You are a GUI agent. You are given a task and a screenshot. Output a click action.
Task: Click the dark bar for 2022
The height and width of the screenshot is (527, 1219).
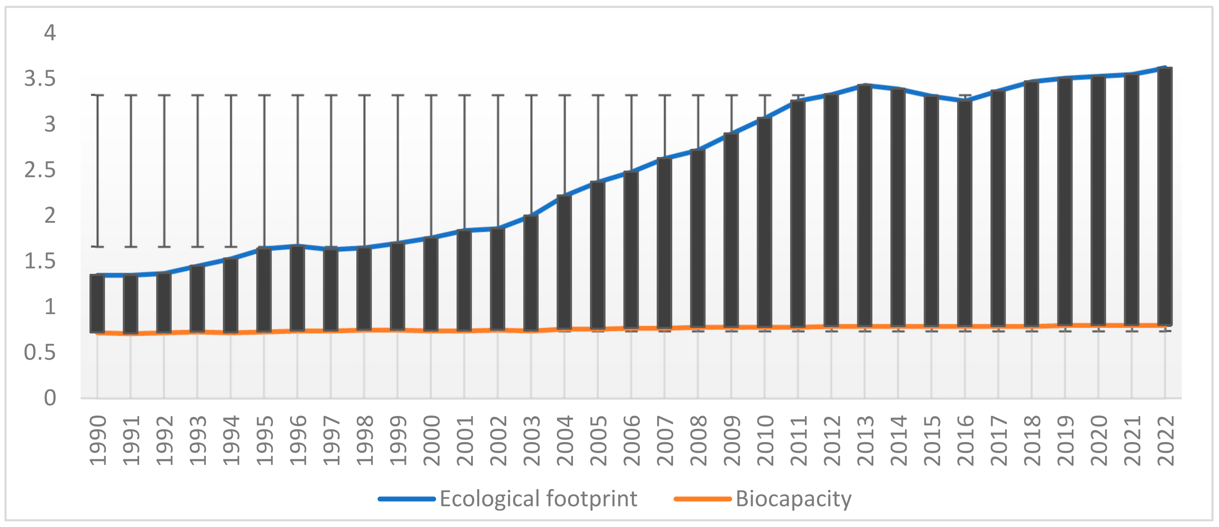click(x=1165, y=196)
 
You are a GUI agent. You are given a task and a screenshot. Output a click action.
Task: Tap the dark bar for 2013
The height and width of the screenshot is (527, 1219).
click(x=865, y=206)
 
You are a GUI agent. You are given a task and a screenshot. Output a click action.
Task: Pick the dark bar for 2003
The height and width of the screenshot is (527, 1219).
click(x=531, y=273)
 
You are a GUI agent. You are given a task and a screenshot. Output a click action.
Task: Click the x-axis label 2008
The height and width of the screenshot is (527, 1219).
click(x=698, y=441)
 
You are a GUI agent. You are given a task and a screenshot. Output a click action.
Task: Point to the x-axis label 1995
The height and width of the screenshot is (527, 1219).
click(x=265, y=441)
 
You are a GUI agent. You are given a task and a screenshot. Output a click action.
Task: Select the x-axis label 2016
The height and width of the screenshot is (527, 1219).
click(x=965, y=441)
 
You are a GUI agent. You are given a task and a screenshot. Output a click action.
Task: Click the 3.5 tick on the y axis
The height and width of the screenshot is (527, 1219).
click(x=40, y=78)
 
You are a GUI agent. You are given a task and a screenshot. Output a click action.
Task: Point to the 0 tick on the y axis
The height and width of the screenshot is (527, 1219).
click(x=50, y=398)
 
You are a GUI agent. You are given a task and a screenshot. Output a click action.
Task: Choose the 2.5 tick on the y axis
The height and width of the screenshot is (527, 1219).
click(x=40, y=170)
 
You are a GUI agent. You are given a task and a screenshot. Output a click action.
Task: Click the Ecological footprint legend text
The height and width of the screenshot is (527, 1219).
click(x=538, y=499)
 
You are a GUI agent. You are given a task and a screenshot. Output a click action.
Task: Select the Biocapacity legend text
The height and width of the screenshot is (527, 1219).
click(x=793, y=499)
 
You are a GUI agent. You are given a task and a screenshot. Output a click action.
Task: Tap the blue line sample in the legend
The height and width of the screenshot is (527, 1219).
click(x=406, y=499)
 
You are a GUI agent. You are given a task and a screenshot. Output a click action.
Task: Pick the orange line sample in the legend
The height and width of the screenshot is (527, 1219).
click(x=702, y=499)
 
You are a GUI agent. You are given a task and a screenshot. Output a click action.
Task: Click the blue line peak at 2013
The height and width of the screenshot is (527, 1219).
click(x=865, y=85)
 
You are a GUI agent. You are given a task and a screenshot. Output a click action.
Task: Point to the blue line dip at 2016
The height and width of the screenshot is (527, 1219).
click(x=965, y=100)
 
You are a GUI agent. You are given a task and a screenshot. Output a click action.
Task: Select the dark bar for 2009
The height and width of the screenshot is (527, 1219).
click(x=731, y=230)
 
